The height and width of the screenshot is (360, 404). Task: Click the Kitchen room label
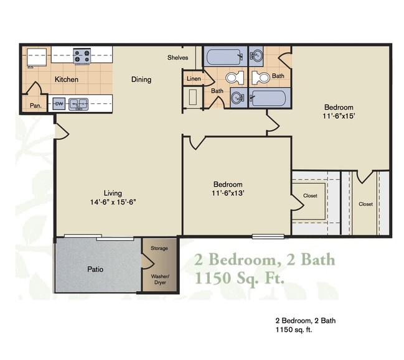point(66,80)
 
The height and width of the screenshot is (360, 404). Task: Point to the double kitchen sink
point(78,104)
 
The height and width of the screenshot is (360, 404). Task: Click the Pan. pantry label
point(35,106)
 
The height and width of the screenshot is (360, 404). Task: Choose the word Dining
point(141,80)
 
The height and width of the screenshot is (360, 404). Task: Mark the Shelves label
point(177,58)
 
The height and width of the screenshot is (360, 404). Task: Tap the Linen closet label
point(193,79)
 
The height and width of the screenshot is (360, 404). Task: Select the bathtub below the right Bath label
point(268,98)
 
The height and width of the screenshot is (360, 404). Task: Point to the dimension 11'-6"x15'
point(338,116)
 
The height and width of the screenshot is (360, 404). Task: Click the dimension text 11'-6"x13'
point(228,193)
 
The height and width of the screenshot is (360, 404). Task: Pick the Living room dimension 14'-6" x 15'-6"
point(113,201)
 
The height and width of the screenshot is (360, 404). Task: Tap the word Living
point(113,193)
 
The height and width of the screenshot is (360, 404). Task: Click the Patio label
point(95,269)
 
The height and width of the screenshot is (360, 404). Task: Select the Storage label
point(159,249)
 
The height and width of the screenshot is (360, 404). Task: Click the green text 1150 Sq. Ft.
point(240,277)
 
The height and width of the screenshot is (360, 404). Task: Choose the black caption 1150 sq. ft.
point(293,331)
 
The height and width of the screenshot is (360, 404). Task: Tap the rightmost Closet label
point(365,204)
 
